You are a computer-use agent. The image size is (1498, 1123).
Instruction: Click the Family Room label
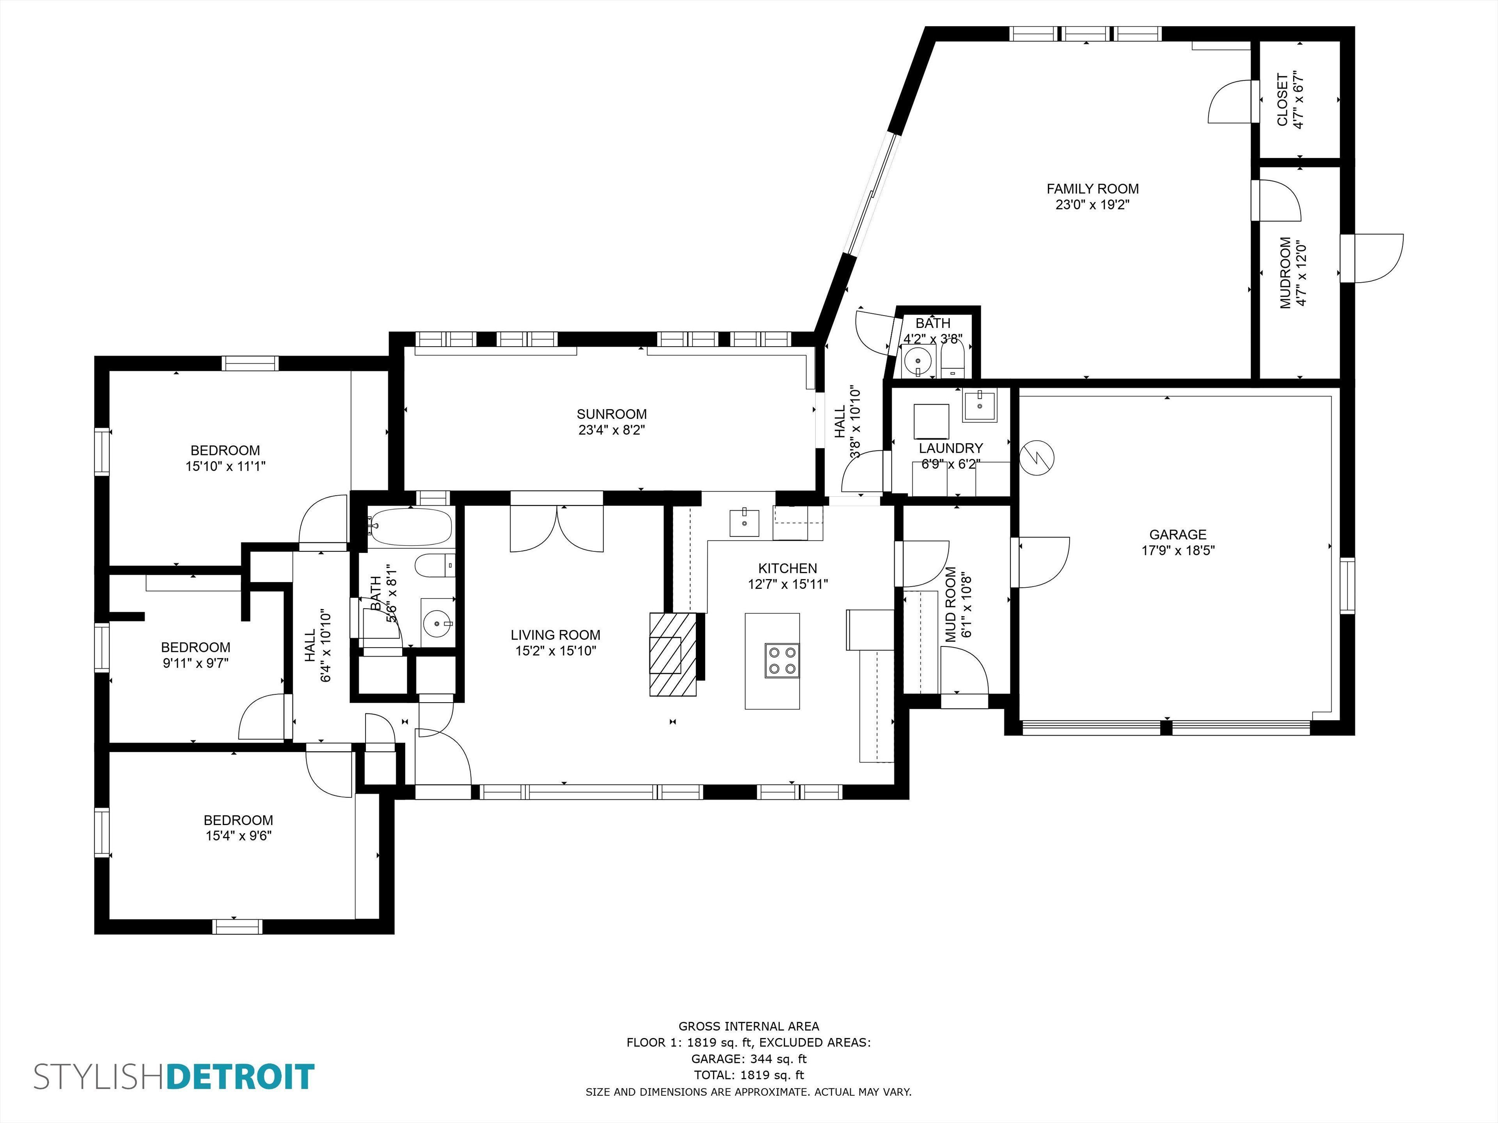click(1092, 189)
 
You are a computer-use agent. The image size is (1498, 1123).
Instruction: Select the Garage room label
click(1178, 534)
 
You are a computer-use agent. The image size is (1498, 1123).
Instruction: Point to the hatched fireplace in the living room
click(673, 654)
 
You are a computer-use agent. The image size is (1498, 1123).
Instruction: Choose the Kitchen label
click(788, 569)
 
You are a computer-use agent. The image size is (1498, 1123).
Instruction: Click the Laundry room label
click(951, 448)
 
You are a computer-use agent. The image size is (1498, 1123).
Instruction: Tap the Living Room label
click(556, 635)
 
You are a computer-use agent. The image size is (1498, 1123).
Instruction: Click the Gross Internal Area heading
click(749, 1026)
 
